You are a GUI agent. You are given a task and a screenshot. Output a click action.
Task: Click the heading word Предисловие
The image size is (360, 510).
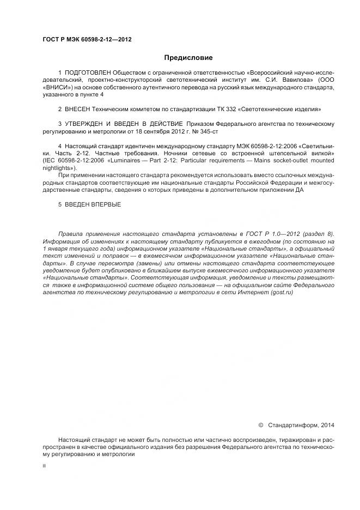point(188,57)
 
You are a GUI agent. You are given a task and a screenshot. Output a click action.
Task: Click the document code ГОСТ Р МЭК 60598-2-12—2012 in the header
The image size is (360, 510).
point(87,40)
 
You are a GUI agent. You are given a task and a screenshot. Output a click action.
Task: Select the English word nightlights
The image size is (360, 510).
point(57,168)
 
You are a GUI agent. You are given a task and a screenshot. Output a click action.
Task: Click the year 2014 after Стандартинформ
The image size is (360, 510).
point(328,424)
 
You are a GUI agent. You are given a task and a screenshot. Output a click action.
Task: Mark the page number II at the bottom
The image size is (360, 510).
point(44,466)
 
